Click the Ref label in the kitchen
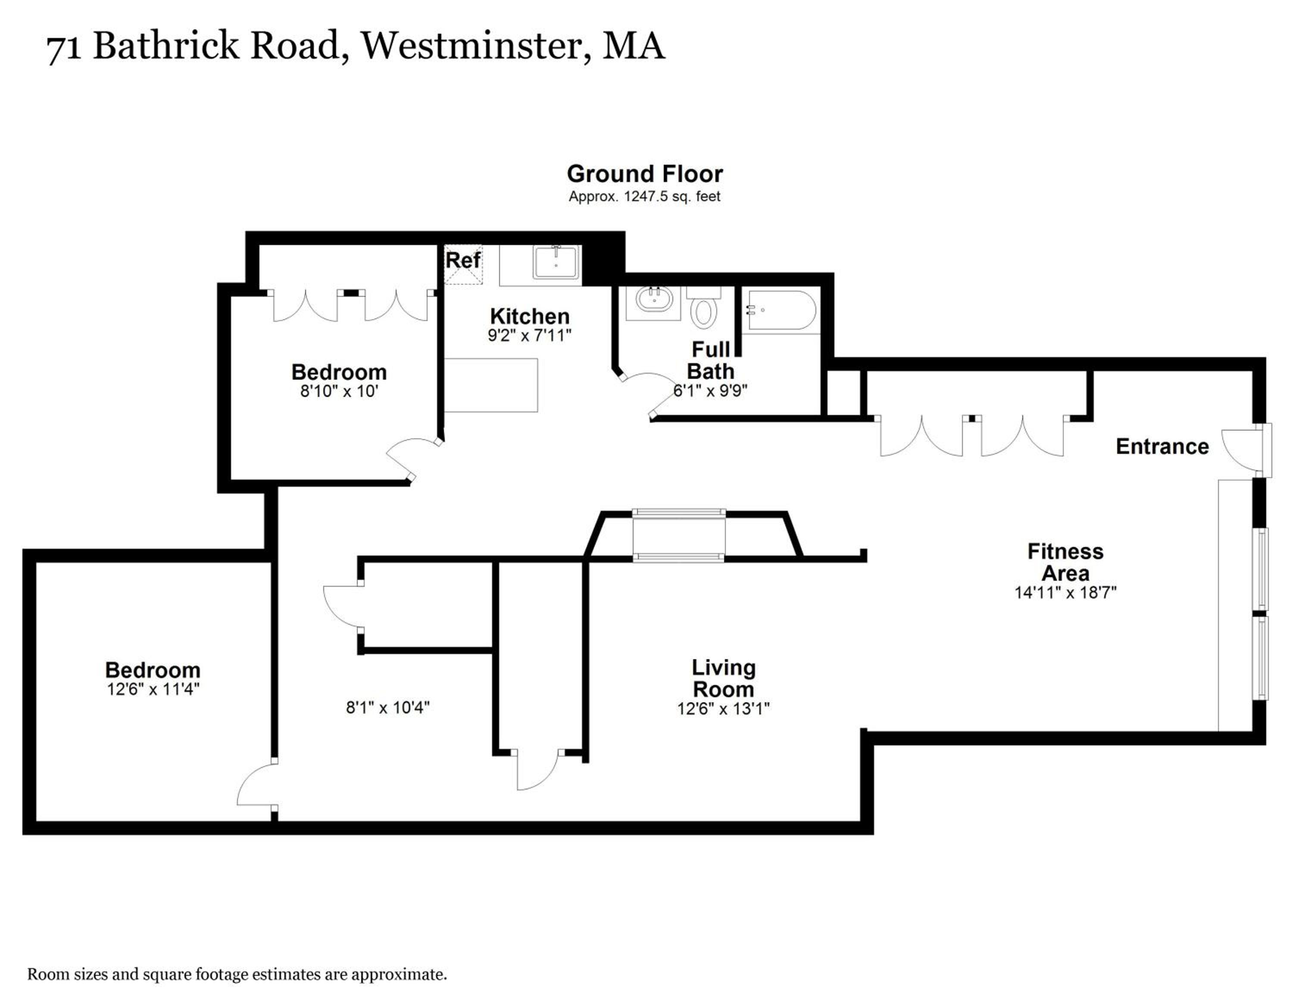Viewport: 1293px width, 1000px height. point(463,260)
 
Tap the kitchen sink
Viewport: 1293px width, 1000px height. point(555,262)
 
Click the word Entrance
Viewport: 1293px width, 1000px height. point(1162,446)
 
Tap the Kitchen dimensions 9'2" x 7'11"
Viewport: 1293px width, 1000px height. point(529,335)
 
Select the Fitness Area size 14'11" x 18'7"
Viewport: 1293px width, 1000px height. point(1065,592)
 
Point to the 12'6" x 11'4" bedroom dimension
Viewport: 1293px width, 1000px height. point(153,689)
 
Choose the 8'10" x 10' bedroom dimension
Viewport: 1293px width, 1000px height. point(339,391)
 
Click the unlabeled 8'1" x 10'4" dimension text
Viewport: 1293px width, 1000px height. point(388,708)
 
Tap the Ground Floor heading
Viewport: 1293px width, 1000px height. point(645,173)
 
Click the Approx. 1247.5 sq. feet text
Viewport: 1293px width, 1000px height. point(645,197)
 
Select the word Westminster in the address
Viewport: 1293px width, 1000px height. point(472,46)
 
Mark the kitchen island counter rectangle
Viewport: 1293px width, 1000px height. point(491,385)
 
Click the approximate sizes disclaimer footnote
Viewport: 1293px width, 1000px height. point(237,975)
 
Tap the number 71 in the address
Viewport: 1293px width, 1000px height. point(64,47)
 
